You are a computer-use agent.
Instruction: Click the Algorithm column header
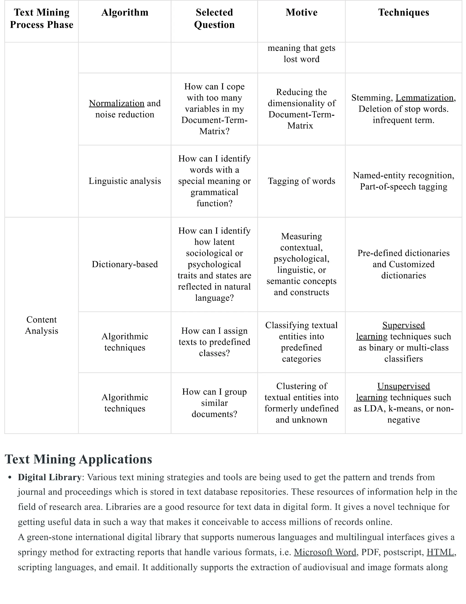click(x=125, y=13)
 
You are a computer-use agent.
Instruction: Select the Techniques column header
click(x=403, y=13)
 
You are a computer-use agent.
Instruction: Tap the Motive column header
click(x=301, y=13)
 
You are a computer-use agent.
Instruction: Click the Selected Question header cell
click(x=214, y=18)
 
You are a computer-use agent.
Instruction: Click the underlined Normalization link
click(x=116, y=103)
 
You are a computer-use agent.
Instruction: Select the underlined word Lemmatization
click(x=424, y=98)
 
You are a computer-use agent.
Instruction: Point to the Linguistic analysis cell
click(x=125, y=181)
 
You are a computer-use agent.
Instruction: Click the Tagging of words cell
click(x=301, y=181)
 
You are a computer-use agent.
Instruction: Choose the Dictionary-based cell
click(x=125, y=264)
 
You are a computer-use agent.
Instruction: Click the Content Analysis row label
click(x=42, y=325)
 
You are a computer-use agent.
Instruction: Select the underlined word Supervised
click(x=403, y=325)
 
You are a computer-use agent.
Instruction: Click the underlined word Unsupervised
click(x=403, y=386)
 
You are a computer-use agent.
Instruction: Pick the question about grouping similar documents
click(x=214, y=403)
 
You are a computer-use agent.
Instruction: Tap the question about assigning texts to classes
click(x=214, y=342)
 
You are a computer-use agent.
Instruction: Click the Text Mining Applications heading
click(x=79, y=459)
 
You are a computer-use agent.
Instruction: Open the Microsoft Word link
click(x=325, y=552)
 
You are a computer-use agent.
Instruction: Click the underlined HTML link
click(x=440, y=552)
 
